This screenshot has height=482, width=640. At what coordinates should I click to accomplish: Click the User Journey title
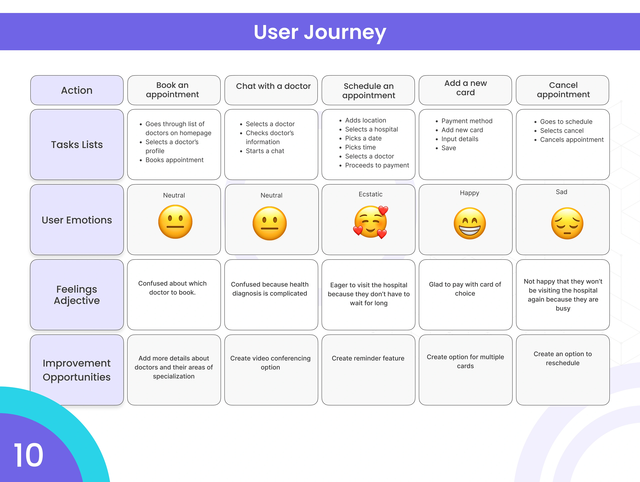point(320,32)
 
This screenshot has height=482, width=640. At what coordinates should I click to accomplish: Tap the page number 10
point(28,455)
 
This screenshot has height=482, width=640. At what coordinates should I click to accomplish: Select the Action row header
point(77,90)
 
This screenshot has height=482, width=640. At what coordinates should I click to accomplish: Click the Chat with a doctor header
point(273,86)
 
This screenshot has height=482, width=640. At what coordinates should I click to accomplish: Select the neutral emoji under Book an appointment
point(175,222)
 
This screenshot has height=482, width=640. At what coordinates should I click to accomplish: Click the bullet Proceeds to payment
point(377,165)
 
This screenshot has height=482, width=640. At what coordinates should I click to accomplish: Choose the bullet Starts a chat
point(265,151)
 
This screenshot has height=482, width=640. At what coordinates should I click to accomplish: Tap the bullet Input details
point(460,139)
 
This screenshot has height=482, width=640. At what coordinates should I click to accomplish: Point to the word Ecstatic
point(370,194)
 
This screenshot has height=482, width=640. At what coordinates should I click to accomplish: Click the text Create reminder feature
point(368,358)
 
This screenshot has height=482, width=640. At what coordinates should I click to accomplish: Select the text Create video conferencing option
point(270,363)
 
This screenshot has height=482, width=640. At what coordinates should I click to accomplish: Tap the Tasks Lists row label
point(77,144)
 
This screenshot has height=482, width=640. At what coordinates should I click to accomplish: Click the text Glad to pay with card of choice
point(465,289)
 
